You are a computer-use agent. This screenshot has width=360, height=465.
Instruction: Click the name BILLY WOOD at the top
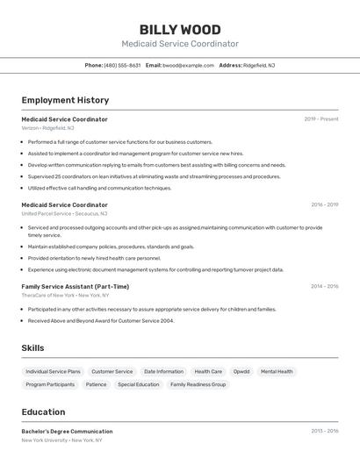click(180, 30)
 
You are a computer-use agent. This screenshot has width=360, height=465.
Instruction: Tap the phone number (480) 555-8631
click(122, 65)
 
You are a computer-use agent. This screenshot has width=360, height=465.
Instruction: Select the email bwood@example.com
click(188, 65)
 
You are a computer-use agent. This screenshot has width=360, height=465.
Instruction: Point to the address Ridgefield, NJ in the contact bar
click(259, 65)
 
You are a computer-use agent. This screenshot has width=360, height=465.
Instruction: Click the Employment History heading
click(65, 100)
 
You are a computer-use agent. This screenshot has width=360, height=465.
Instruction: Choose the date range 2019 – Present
click(321, 119)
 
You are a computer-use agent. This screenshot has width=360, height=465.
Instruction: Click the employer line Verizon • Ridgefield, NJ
click(48, 128)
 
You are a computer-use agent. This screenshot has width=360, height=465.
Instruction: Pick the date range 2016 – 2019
click(324, 204)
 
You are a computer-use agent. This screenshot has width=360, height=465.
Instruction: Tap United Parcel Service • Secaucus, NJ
click(64, 213)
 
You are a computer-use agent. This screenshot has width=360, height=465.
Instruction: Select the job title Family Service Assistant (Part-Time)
click(76, 286)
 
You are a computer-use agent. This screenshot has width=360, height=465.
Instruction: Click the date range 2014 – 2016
click(324, 286)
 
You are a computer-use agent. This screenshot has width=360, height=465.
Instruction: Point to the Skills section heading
click(32, 348)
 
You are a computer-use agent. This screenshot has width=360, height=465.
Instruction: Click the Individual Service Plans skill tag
click(53, 371)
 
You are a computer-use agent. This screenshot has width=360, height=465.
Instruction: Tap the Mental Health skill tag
click(277, 371)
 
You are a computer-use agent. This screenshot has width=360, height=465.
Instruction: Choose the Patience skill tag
click(96, 384)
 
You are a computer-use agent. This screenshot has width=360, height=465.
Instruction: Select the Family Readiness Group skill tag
click(198, 384)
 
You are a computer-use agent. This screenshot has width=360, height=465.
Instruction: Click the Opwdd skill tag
click(241, 371)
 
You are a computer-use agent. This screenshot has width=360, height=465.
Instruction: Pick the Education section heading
click(43, 412)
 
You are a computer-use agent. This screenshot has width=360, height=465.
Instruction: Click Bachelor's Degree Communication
click(67, 432)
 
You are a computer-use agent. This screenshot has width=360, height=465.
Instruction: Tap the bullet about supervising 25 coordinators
click(154, 176)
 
